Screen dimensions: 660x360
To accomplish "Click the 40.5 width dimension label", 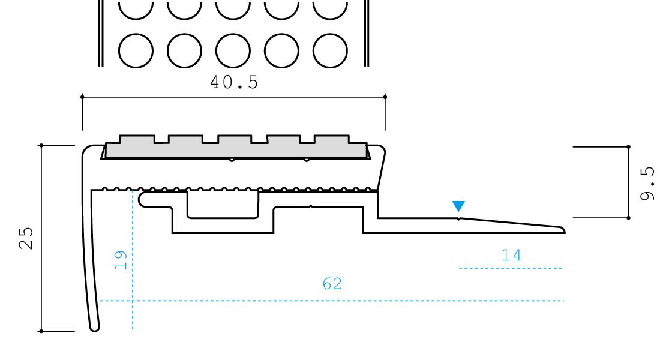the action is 234,82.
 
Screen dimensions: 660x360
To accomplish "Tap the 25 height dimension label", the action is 26,238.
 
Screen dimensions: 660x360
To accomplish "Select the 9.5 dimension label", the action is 647,183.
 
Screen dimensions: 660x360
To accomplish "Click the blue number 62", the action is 332,284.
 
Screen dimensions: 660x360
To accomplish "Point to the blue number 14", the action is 511,255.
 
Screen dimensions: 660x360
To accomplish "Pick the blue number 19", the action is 121,260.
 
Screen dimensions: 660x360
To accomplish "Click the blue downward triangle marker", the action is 458,206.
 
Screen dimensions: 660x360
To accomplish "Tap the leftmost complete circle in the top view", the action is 136,50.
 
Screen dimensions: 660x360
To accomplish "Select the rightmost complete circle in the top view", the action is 331,50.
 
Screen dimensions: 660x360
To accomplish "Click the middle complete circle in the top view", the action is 233,50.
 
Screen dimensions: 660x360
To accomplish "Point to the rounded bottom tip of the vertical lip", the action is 95,328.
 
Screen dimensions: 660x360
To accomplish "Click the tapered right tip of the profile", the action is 563,230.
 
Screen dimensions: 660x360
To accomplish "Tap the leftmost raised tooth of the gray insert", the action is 137,139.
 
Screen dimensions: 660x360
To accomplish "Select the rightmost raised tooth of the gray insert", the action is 332,139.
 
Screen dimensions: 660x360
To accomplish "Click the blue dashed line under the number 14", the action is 511,268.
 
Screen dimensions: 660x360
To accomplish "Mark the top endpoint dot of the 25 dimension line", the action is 41,146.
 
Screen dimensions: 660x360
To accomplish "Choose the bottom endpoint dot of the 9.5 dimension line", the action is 628,218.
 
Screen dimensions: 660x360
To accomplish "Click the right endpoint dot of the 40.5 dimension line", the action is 385,97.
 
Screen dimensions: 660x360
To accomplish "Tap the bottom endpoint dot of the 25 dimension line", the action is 41,331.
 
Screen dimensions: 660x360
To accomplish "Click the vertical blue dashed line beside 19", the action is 133,260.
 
